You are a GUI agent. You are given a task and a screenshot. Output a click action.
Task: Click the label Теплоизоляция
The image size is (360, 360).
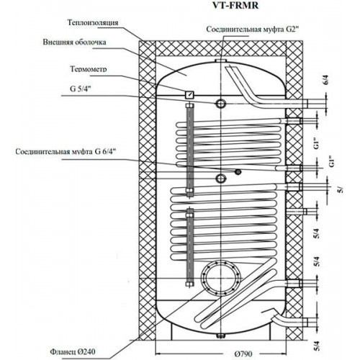[93, 22]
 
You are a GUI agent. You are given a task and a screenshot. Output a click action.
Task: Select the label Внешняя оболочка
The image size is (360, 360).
[74, 42]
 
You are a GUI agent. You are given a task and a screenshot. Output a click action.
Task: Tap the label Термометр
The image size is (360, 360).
[89, 69]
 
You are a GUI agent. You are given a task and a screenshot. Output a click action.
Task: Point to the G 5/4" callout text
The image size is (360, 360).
[81, 89]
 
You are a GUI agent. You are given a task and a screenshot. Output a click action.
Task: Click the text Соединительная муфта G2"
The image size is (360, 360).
[253, 30]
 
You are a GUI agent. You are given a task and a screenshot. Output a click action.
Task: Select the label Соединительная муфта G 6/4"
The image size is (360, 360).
[67, 152]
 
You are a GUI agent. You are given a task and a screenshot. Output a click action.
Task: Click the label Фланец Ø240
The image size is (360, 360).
[73, 352]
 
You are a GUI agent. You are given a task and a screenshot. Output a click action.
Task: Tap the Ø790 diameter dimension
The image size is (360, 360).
[243, 354]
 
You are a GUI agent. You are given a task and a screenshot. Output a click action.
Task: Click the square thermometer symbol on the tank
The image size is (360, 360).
[189, 94]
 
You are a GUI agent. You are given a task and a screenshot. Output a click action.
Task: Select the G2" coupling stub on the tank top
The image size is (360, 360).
[221, 60]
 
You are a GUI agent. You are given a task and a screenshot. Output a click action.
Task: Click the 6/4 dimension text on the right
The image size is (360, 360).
[325, 81]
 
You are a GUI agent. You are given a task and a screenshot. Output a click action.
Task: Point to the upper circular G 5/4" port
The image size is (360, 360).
[220, 104]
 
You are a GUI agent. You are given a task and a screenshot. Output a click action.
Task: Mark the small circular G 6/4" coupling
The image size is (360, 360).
[238, 171]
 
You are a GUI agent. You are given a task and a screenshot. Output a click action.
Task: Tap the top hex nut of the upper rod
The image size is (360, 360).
[189, 106]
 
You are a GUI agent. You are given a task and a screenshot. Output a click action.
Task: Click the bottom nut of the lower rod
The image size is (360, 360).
[189, 284]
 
